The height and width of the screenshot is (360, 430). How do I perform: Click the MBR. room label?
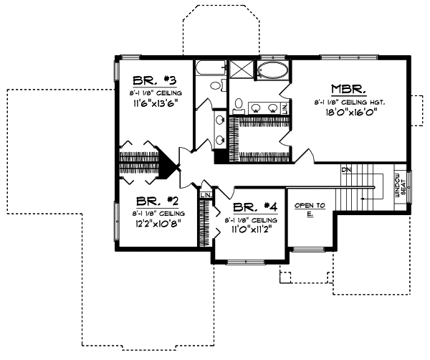point(349,90)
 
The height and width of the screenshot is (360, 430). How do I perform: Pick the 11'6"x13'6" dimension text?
point(155,103)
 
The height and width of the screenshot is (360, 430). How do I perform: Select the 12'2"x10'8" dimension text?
point(155,224)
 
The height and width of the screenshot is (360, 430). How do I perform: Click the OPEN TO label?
point(310,206)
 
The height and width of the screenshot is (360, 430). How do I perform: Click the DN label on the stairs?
point(345,170)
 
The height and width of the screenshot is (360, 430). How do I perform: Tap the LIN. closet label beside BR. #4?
point(206,195)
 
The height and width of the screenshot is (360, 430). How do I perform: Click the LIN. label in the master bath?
point(285,108)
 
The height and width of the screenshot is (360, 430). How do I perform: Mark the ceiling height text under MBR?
point(349,103)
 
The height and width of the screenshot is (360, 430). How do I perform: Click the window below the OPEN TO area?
point(308,248)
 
